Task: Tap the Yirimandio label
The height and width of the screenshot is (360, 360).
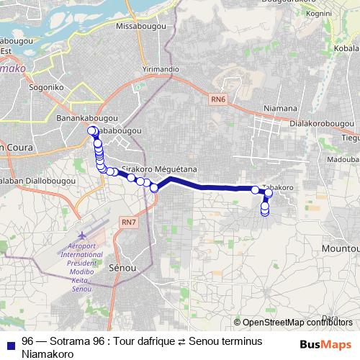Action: point(160,68)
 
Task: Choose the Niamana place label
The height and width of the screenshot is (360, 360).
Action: point(280,108)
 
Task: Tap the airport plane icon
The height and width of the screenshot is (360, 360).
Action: point(81,236)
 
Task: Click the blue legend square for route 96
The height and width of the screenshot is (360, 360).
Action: point(9,342)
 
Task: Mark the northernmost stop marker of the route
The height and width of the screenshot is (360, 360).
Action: point(92,130)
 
